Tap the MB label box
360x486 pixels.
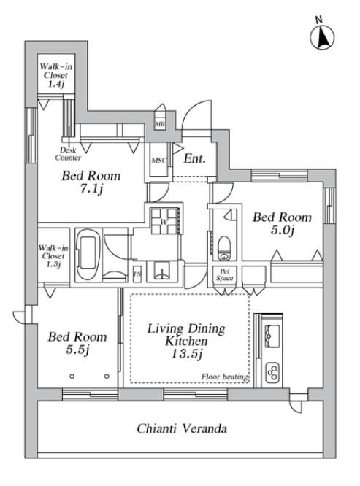click(160, 124)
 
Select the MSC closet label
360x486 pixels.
click(158, 161)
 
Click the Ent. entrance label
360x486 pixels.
click(195, 158)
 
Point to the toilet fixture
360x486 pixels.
click(224, 248)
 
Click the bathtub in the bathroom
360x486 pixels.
click(88, 255)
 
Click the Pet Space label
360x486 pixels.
click(224, 274)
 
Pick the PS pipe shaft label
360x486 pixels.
click(137, 274)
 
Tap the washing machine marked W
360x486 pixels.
click(164, 221)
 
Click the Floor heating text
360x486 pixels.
click(224, 377)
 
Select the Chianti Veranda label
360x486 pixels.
click(182, 428)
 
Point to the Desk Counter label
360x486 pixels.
click(68, 154)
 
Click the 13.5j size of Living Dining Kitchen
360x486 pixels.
click(187, 354)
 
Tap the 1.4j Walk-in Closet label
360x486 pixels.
click(55, 75)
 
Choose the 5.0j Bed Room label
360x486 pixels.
click(282, 223)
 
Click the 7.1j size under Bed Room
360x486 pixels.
click(91, 189)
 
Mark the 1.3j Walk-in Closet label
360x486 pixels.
click(53, 256)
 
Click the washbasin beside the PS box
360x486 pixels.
click(162, 271)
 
